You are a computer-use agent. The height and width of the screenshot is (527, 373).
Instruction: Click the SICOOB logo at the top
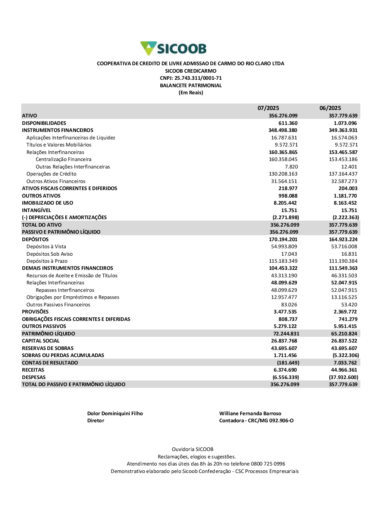click(173, 48)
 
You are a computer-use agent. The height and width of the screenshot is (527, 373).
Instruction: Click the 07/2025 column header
click(268, 108)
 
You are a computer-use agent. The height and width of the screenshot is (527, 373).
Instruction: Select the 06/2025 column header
click(330, 108)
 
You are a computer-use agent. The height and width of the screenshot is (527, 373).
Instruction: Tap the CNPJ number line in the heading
click(191, 78)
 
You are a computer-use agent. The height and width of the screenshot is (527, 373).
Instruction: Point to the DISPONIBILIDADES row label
click(44, 123)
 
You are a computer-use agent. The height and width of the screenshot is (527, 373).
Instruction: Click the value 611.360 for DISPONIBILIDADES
click(288, 123)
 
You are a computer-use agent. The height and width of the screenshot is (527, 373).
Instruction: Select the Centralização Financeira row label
click(63, 160)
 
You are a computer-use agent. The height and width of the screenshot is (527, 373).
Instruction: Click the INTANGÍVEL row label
click(36, 210)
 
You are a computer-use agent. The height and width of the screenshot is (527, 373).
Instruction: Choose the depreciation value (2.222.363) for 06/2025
click(346, 217)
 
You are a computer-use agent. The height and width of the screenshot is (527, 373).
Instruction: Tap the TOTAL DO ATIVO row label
click(42, 225)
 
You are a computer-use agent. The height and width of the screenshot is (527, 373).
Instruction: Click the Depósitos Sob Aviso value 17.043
click(289, 254)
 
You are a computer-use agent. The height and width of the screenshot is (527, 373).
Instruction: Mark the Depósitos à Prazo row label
click(47, 261)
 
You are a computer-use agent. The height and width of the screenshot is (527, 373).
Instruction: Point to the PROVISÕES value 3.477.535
click(285, 312)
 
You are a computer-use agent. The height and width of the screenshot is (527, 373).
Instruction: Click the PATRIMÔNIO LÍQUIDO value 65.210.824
click(344, 334)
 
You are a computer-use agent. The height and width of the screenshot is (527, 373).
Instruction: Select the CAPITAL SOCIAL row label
click(41, 341)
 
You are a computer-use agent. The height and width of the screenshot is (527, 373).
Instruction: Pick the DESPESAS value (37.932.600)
click(343, 377)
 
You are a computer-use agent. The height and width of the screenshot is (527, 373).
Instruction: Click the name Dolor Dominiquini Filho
click(115, 413)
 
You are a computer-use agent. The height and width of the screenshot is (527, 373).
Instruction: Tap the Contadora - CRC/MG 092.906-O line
click(256, 421)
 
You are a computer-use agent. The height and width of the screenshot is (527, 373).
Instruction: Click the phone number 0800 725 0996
click(268, 464)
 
